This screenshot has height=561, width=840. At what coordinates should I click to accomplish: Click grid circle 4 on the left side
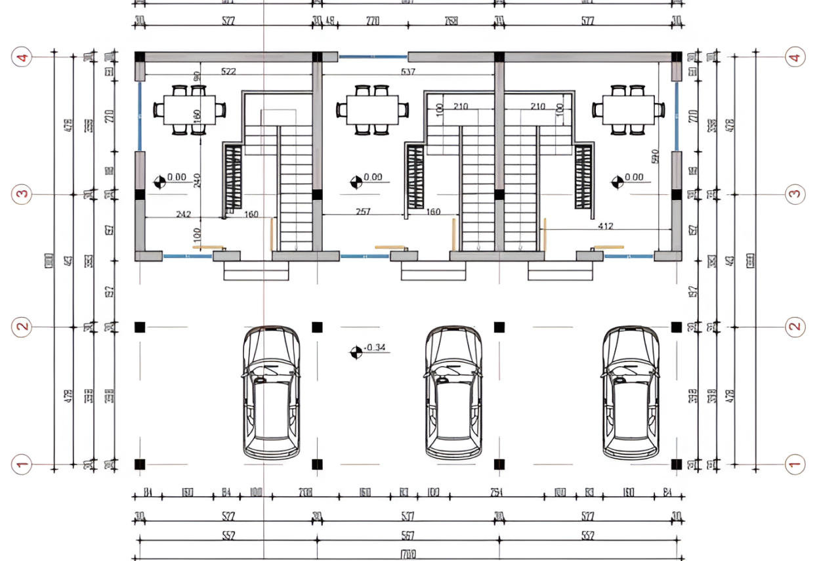[x=23, y=58]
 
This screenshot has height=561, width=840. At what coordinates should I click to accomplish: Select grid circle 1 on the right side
[x=795, y=465]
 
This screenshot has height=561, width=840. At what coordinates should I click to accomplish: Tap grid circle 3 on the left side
[x=23, y=194]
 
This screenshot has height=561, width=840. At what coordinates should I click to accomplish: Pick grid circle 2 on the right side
[x=795, y=326]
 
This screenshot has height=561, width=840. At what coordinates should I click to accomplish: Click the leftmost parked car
[x=272, y=392]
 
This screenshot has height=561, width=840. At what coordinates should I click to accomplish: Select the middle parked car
[x=453, y=392]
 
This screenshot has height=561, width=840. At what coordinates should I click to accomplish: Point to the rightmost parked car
[x=631, y=392]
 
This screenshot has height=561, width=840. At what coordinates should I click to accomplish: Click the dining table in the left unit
[x=189, y=110]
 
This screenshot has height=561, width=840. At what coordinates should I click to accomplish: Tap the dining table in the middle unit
[x=372, y=110]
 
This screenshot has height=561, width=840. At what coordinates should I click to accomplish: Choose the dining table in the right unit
[x=628, y=110]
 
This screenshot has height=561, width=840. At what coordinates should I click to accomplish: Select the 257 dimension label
[x=362, y=211]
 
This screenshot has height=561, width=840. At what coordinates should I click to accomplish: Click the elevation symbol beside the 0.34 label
[x=356, y=352]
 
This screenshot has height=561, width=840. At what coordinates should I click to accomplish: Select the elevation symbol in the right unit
[x=618, y=182]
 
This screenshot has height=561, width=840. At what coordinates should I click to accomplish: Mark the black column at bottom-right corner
[x=676, y=464]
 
